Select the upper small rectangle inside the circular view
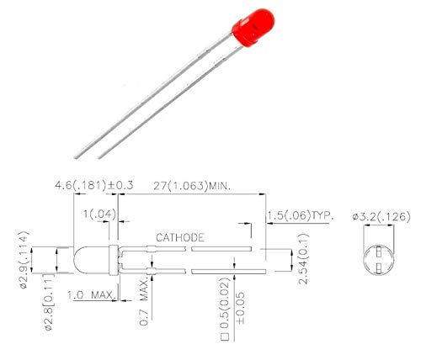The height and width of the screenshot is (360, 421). (378, 250)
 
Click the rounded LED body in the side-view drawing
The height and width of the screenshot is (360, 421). (93, 260)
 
